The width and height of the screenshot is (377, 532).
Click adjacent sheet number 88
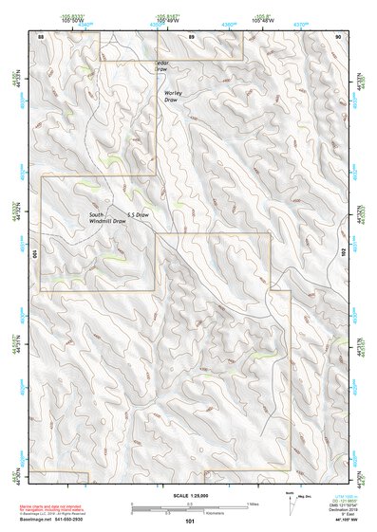[41, 36]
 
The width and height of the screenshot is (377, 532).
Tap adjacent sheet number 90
[339, 36]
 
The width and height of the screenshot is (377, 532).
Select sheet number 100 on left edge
[37, 254]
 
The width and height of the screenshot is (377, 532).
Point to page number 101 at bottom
[190, 522]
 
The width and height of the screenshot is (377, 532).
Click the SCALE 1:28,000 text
[190, 495]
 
